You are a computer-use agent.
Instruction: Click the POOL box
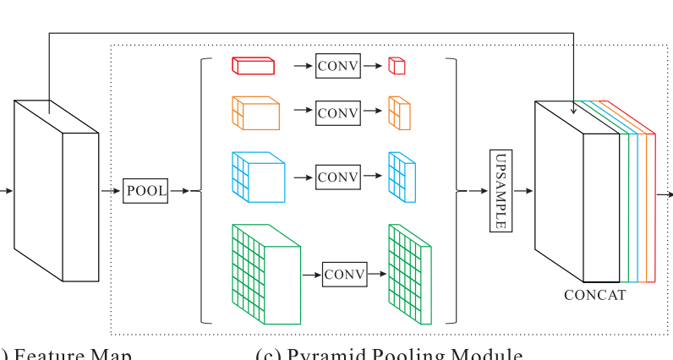pos(145,191)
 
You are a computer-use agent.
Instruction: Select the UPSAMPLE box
pos(501,191)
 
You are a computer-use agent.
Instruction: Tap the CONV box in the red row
pos(337,65)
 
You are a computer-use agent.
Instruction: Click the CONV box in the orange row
pos(337,112)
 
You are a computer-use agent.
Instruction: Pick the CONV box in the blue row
pos(337,177)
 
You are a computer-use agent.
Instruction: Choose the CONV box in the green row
pos(344,275)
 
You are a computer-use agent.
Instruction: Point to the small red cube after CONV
pos(397,66)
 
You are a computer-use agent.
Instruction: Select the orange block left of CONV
pos(254,112)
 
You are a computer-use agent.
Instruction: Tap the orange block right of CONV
pos(399,113)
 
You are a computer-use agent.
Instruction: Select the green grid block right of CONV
pos(409,274)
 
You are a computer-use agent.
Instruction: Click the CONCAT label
pos(594,295)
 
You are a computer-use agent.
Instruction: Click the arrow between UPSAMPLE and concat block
pos(523,191)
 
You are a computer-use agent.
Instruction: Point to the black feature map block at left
pos(56,191)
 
